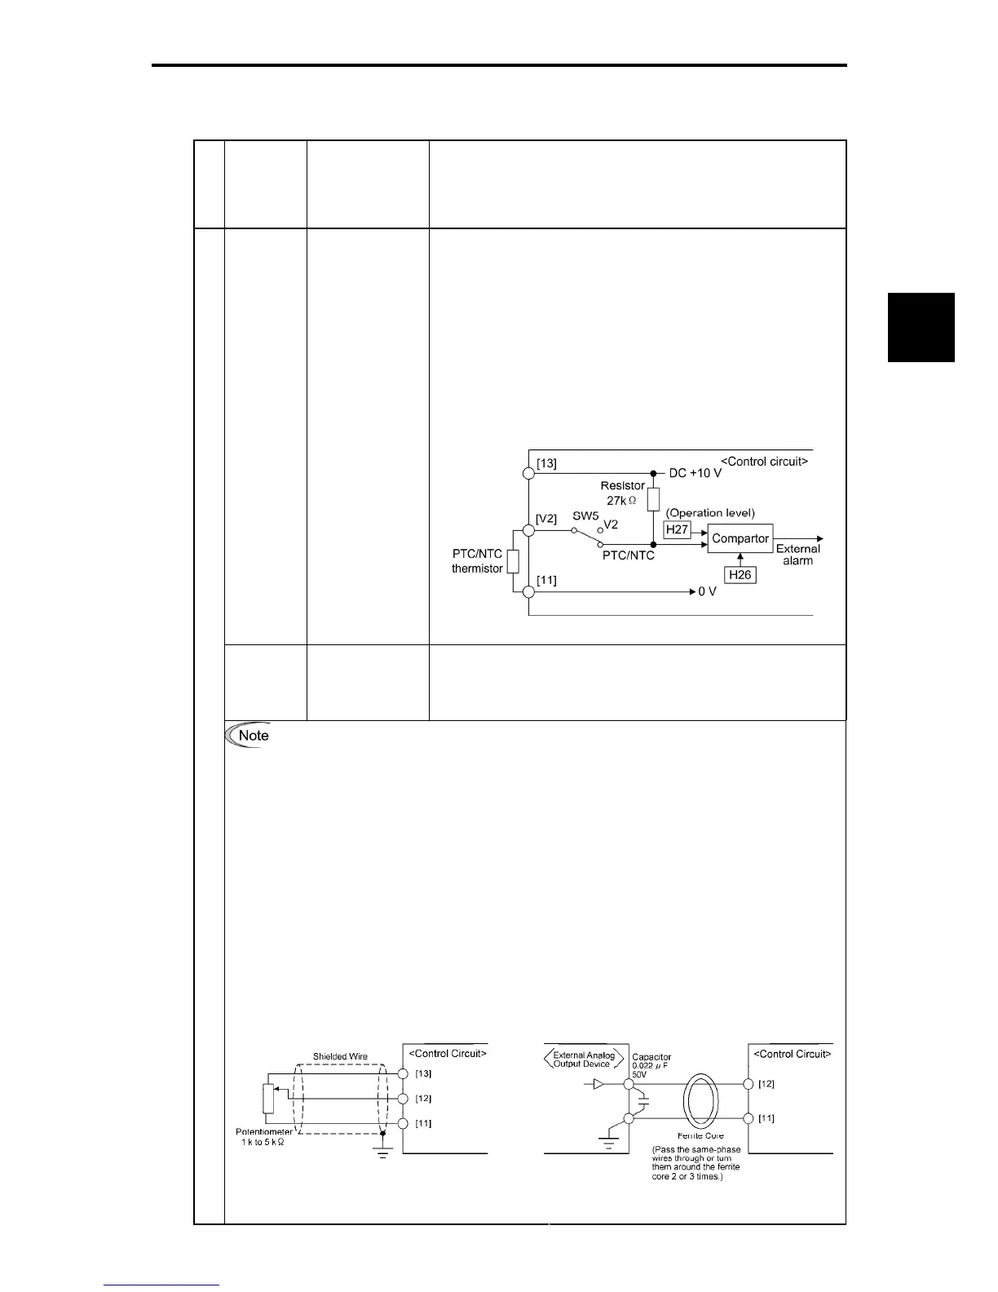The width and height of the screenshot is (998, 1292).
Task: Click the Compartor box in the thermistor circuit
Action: (x=740, y=538)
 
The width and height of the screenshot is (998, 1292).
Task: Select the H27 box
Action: (x=677, y=530)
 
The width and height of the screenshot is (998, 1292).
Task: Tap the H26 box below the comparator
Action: (x=740, y=575)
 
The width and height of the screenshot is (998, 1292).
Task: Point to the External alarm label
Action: (x=798, y=555)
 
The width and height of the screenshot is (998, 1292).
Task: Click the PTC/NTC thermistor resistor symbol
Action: (x=513, y=561)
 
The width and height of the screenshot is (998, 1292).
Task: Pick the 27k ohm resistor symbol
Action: (x=653, y=499)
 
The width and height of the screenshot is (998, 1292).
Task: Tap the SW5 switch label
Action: (x=586, y=516)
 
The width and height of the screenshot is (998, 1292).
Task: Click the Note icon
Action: (x=249, y=735)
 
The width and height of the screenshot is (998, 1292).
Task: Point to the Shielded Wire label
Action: (x=340, y=1056)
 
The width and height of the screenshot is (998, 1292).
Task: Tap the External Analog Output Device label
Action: (x=584, y=1060)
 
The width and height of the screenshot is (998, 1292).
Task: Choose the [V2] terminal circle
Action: (x=528, y=530)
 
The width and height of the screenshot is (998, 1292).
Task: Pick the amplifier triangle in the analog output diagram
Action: (x=598, y=1085)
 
